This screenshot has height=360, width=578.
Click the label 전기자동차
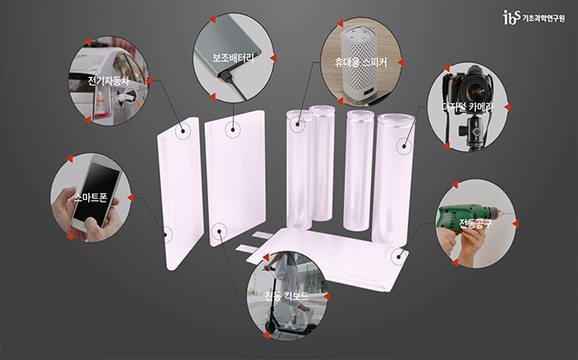(x=108, y=80)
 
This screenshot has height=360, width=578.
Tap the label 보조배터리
(x=234, y=58)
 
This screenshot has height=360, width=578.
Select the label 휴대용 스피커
(x=361, y=61)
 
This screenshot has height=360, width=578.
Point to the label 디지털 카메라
(x=467, y=107)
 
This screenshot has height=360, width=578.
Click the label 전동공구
(x=476, y=223)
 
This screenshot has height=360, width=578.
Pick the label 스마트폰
(x=91, y=197)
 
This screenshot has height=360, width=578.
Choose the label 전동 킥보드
(x=286, y=296)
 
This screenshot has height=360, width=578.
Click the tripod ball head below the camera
(x=473, y=132)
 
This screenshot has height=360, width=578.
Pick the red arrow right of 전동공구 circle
(x=516, y=223)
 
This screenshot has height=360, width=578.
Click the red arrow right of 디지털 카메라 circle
(x=507, y=107)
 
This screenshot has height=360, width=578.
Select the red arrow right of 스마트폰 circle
(x=131, y=197)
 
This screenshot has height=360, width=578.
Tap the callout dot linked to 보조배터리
(x=233, y=129)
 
